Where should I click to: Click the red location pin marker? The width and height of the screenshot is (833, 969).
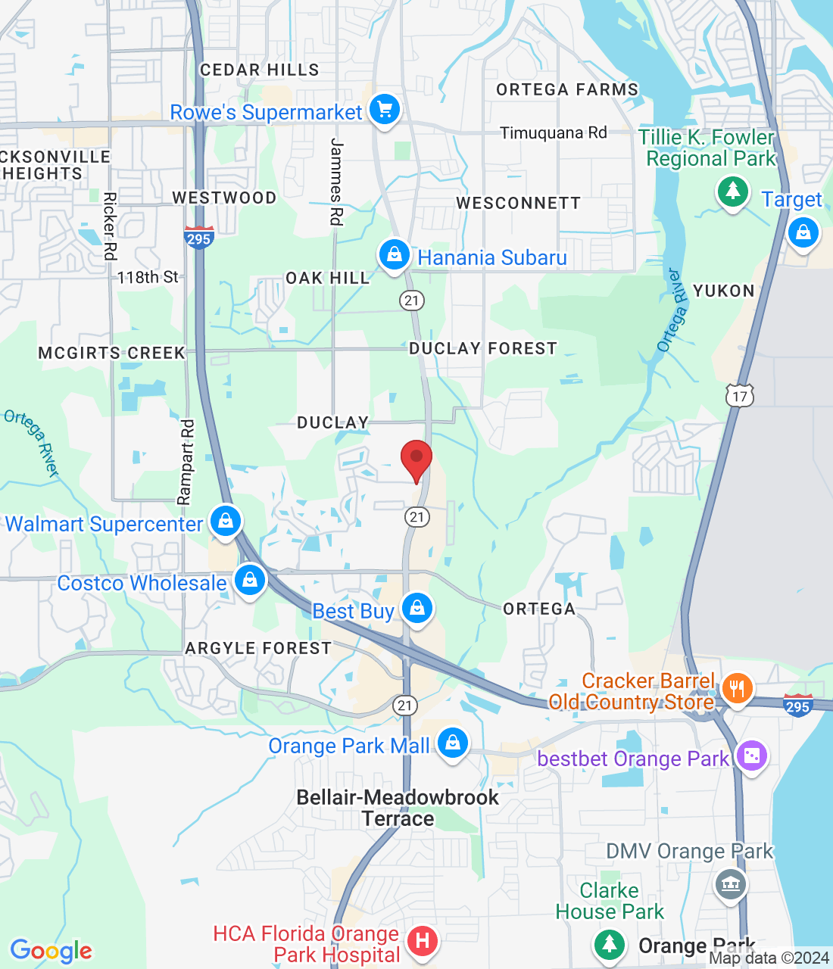(416, 459)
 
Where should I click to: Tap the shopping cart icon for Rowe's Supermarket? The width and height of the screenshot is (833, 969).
(385, 111)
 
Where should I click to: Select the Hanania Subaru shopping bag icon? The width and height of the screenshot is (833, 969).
(395, 255)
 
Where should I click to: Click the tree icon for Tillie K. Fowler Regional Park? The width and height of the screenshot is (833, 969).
(732, 192)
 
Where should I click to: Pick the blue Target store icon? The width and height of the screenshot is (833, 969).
(803, 232)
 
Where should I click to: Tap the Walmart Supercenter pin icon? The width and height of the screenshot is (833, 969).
(226, 521)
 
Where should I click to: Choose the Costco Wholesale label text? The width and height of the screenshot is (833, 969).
(142, 583)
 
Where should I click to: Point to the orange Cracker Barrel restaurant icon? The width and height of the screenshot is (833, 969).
(736, 689)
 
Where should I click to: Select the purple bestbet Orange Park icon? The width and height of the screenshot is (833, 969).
(751, 756)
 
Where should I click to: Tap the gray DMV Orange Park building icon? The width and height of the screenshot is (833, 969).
(730, 883)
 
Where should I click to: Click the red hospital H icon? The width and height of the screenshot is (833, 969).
(423, 941)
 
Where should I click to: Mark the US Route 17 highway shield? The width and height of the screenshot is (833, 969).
(740, 395)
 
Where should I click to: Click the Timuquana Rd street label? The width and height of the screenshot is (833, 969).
(554, 133)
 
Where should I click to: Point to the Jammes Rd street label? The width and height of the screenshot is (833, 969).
(336, 182)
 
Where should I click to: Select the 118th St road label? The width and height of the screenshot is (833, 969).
(148, 277)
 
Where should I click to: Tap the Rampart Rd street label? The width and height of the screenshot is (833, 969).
(186, 462)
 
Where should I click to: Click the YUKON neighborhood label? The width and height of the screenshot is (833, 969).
(723, 291)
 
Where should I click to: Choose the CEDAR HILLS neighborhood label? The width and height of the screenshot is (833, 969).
(259, 70)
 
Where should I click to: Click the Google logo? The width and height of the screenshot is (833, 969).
(51, 951)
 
